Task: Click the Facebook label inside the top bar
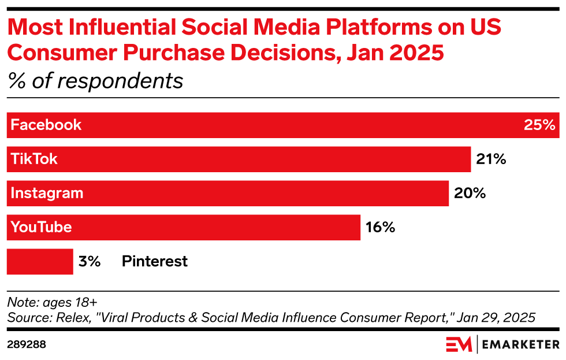tap(46, 125)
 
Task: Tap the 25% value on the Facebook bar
tap(539, 125)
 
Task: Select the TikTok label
tap(35, 159)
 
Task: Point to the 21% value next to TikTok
tap(491, 159)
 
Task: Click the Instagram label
tap(47, 193)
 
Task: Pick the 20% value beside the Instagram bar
tap(470, 193)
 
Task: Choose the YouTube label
tap(42, 227)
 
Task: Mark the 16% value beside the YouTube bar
tap(380, 227)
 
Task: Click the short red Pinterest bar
tap(39, 261)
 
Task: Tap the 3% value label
tap(90, 261)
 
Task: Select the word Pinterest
tap(154, 261)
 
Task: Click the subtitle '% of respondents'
tap(95, 80)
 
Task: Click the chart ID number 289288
tap(27, 344)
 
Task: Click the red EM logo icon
tap(459, 344)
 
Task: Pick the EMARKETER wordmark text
tap(520, 345)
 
